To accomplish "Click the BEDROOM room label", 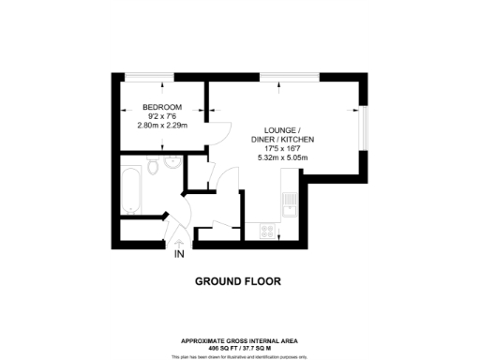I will (162, 107).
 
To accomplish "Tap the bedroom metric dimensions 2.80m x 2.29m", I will (162, 126).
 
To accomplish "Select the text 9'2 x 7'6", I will (162, 116).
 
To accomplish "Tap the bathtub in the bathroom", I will (129, 187).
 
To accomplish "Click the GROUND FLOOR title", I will (238, 281).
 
